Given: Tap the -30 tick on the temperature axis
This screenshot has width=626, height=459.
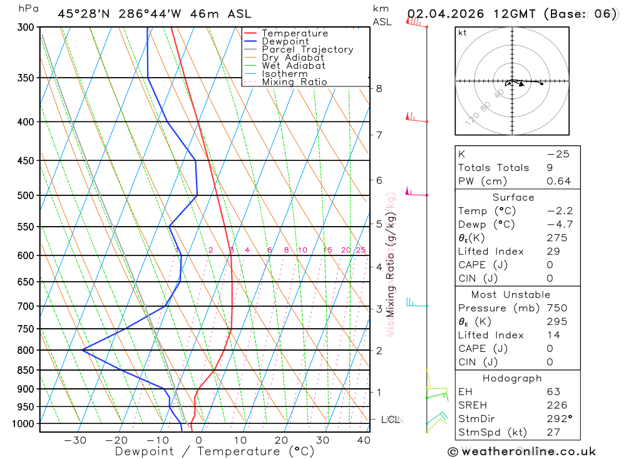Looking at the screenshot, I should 75,440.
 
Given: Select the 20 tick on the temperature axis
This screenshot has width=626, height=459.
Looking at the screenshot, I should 282,440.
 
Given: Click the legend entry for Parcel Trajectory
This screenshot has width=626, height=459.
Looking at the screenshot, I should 307,49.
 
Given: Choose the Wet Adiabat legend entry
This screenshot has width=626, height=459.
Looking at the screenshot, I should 294,66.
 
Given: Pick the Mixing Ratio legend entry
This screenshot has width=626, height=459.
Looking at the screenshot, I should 294,82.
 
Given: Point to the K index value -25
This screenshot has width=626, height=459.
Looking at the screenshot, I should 558,154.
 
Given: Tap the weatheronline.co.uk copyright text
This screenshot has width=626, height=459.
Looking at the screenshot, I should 522,451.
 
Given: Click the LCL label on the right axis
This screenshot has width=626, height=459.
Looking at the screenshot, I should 391,420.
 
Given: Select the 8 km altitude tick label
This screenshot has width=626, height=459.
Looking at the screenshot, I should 379,88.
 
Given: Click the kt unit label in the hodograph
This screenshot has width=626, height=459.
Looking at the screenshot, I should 462,33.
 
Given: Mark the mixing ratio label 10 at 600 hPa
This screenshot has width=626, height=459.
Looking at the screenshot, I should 302,250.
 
